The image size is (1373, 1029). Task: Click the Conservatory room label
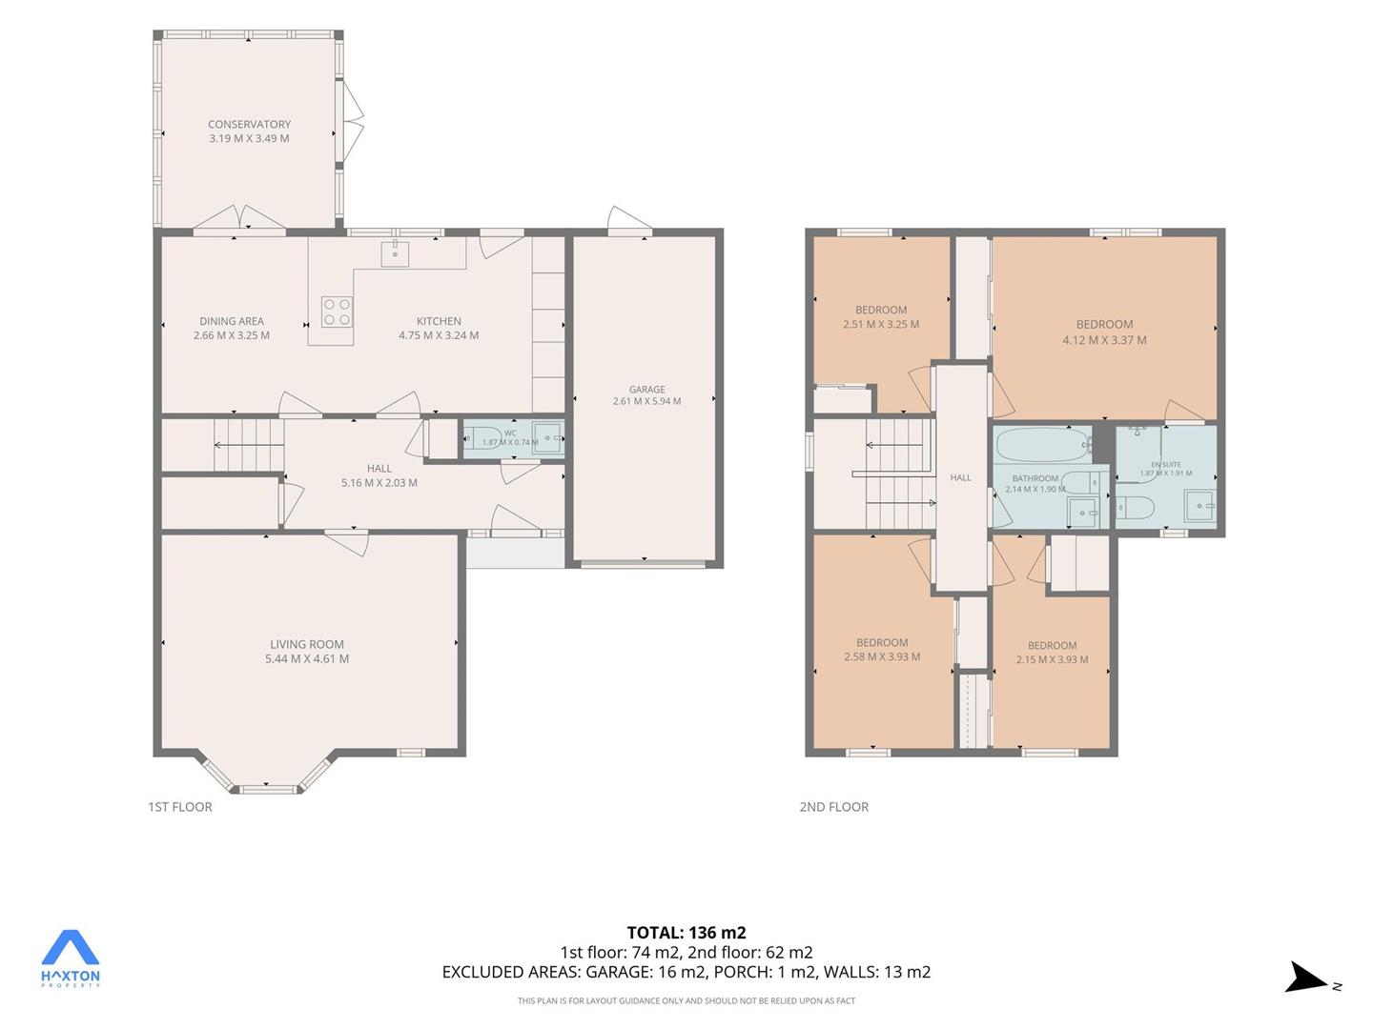[x=249, y=124]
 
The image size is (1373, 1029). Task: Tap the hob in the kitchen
[x=337, y=312]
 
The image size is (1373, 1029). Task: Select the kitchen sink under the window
[x=396, y=253]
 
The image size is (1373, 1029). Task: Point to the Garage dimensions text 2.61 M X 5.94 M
[x=646, y=401]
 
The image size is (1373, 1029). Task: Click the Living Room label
[x=306, y=644]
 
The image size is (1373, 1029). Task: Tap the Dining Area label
[x=232, y=321]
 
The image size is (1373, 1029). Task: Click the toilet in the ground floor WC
[x=482, y=437]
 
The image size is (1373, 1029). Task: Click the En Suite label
[x=1166, y=465]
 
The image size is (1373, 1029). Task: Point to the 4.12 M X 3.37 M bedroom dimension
[x=1105, y=340]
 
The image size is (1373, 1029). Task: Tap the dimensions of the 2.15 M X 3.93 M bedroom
[x=1052, y=659]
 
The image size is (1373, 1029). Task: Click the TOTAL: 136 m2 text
[x=686, y=933]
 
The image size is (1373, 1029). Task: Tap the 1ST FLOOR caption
[x=180, y=807]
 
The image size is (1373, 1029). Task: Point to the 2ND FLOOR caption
[x=833, y=807]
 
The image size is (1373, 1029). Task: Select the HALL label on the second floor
[x=961, y=477]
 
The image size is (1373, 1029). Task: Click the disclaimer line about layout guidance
[x=686, y=1000]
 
